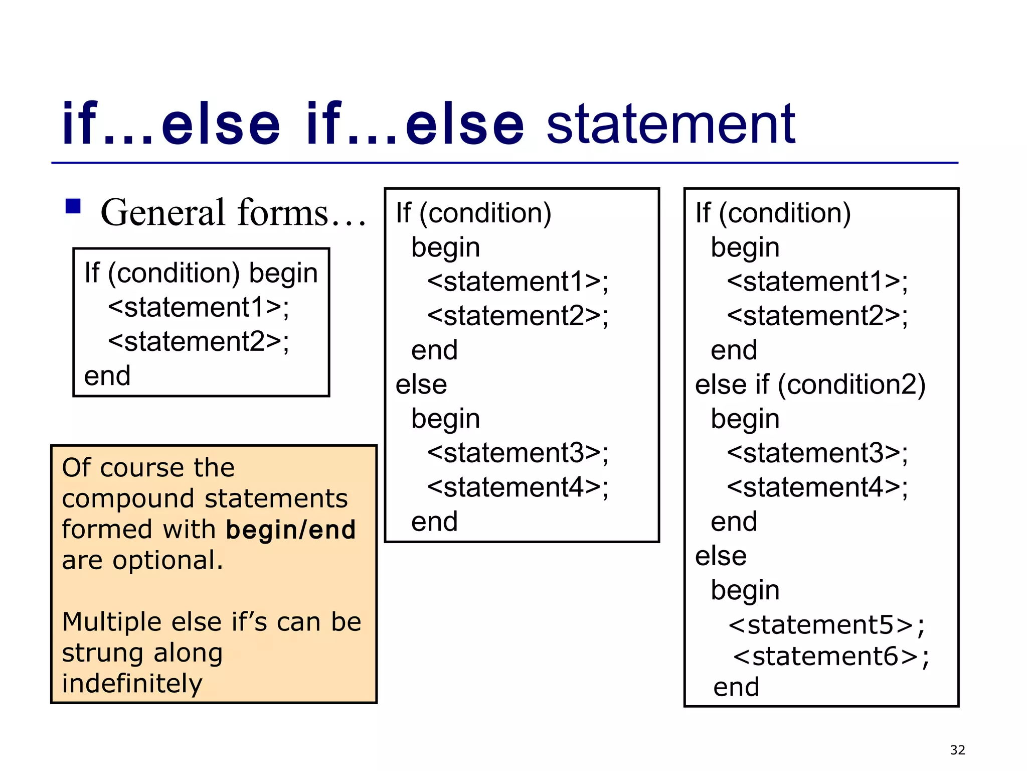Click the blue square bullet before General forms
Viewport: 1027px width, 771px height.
click(x=73, y=206)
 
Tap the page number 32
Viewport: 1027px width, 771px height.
click(x=957, y=750)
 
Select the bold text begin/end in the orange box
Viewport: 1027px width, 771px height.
click(x=291, y=530)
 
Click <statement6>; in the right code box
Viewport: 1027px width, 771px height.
click(x=830, y=656)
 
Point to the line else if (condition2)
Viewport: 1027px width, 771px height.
click(x=810, y=384)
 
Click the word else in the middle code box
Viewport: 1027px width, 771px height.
click(x=421, y=385)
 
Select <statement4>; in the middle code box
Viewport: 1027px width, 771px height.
click(x=518, y=487)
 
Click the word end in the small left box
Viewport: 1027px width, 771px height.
click(x=107, y=376)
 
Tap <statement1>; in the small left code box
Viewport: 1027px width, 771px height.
click(x=199, y=307)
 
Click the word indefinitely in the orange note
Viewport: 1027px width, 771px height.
click(x=132, y=684)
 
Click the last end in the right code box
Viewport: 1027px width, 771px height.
click(x=736, y=687)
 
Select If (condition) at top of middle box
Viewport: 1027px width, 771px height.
click(x=473, y=213)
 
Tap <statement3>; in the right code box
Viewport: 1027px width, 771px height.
click(x=817, y=453)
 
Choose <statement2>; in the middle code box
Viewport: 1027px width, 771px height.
click(x=518, y=316)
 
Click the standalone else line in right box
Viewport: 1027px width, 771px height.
click(x=721, y=556)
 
